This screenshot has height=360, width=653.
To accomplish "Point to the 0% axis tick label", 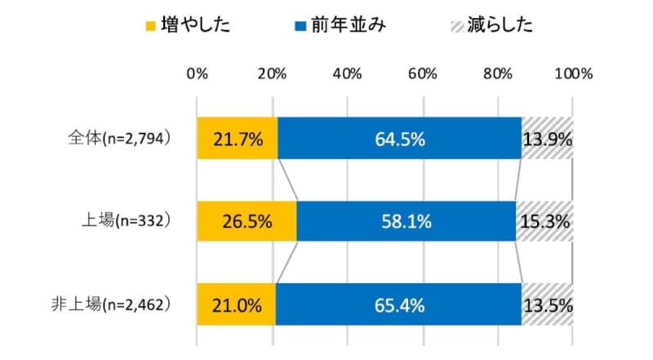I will [x=197, y=74].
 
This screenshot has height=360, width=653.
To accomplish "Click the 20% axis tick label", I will [x=272, y=74].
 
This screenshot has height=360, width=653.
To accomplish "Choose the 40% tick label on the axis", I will [x=348, y=74].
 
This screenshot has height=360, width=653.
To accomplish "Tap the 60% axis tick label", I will [x=423, y=74].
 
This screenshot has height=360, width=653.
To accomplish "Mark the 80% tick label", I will [x=498, y=74].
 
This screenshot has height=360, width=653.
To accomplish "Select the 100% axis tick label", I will [x=572, y=74].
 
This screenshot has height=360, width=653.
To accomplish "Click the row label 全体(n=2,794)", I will [x=118, y=139].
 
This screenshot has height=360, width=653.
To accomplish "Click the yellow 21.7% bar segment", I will [x=237, y=139].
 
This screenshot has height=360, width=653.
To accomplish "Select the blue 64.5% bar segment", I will [x=399, y=139].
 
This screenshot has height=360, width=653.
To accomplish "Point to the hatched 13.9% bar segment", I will [x=547, y=139].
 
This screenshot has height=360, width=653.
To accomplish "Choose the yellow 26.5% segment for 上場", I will [x=246, y=221].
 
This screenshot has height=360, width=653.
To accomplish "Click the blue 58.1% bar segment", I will [x=406, y=221].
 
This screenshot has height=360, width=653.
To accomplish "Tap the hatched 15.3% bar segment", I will [x=544, y=221].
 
